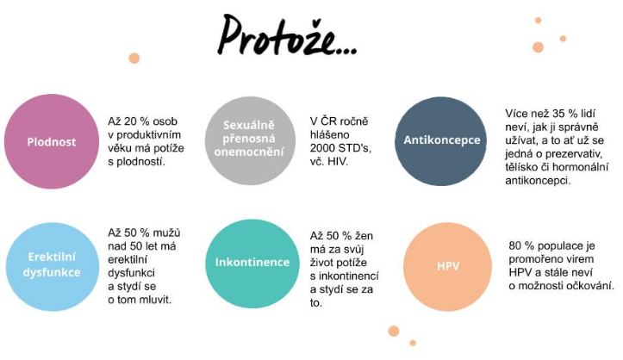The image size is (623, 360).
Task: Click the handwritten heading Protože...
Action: click(287, 35)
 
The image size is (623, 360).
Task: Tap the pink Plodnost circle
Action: click(52, 141)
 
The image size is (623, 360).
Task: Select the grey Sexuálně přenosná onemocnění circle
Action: click(250, 141)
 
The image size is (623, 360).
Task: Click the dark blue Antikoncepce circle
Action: click(440, 141)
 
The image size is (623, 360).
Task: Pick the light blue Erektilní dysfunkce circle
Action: click(52, 266)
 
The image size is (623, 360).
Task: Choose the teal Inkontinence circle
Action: click(252, 264)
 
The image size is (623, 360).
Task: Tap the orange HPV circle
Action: click(448, 266)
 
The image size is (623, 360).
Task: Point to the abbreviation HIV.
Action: click(338, 162)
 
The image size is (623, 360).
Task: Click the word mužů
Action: click(166, 233)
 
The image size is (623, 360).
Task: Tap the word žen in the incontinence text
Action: click(364, 236)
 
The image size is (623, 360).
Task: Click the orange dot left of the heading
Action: click(134, 59)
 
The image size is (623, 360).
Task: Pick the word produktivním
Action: click(148, 135)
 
